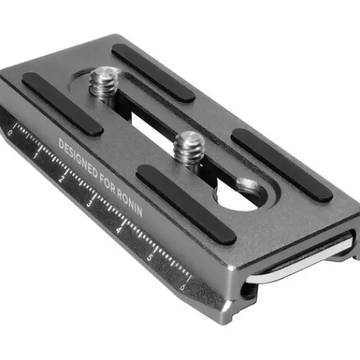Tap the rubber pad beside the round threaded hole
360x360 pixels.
click(281, 165)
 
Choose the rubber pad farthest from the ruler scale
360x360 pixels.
click(152, 72)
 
